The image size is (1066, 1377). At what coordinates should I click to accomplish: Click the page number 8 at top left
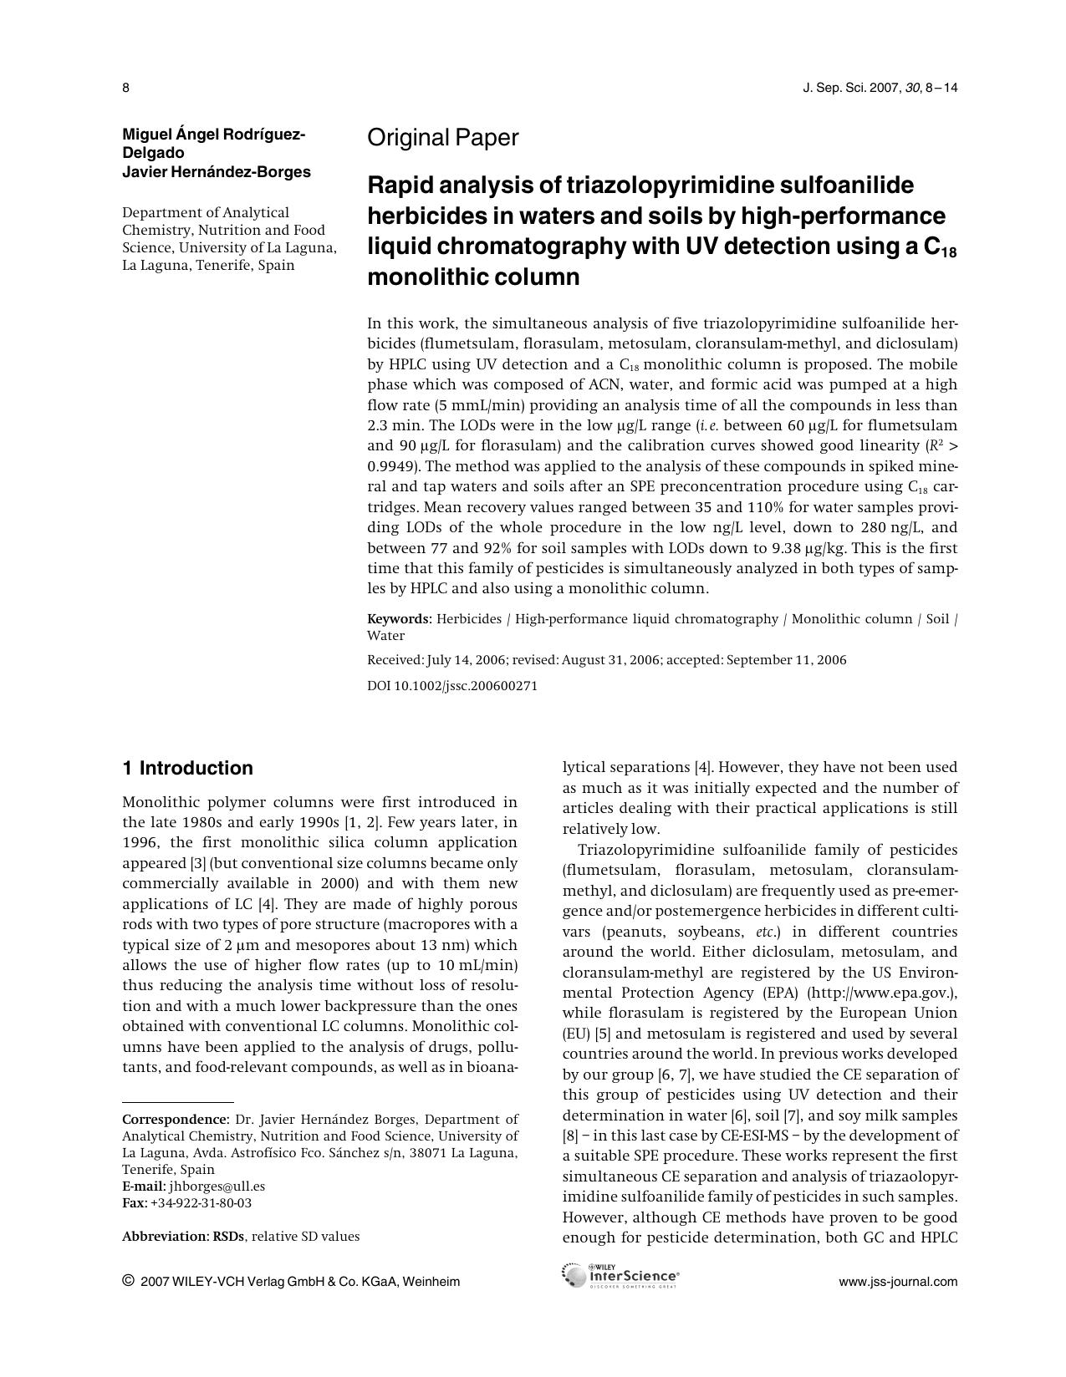tap(125, 88)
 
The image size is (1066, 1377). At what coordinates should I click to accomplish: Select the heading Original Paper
tap(442, 138)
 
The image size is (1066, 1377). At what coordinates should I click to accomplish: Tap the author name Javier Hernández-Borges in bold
tap(216, 172)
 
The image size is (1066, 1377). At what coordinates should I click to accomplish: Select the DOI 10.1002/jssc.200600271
tap(452, 686)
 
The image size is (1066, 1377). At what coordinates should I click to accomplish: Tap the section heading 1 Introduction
tap(187, 768)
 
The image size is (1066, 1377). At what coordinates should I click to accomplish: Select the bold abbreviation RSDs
tap(228, 1237)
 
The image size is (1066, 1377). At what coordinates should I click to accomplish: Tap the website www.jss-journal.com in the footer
tap(897, 1282)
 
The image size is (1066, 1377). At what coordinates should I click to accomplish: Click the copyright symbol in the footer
tap(128, 1281)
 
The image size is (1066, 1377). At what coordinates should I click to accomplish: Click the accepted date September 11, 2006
tap(786, 660)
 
